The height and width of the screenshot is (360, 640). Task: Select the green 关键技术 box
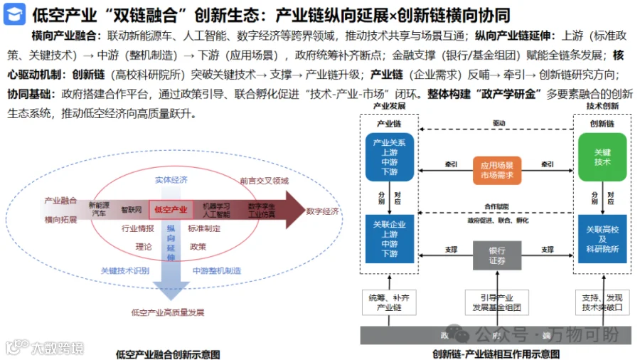pos(602,157)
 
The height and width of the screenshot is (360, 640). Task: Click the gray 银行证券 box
pos(497,255)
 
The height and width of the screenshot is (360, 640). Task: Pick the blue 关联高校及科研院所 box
pos(602,239)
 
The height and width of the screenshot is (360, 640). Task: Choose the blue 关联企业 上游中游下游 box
pos(389,239)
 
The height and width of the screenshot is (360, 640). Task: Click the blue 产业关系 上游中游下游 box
pos(389,157)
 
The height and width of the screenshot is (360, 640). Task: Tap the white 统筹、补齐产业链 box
pos(389,302)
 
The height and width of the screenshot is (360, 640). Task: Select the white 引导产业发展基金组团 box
pos(497,302)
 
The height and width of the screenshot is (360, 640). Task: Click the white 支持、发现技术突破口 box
pos(602,302)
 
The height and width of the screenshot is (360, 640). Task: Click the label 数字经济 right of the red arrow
pos(324,211)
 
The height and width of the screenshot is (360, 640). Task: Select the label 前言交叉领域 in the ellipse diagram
pos(264,181)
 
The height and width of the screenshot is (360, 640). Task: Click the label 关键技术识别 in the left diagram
pos(125,270)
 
